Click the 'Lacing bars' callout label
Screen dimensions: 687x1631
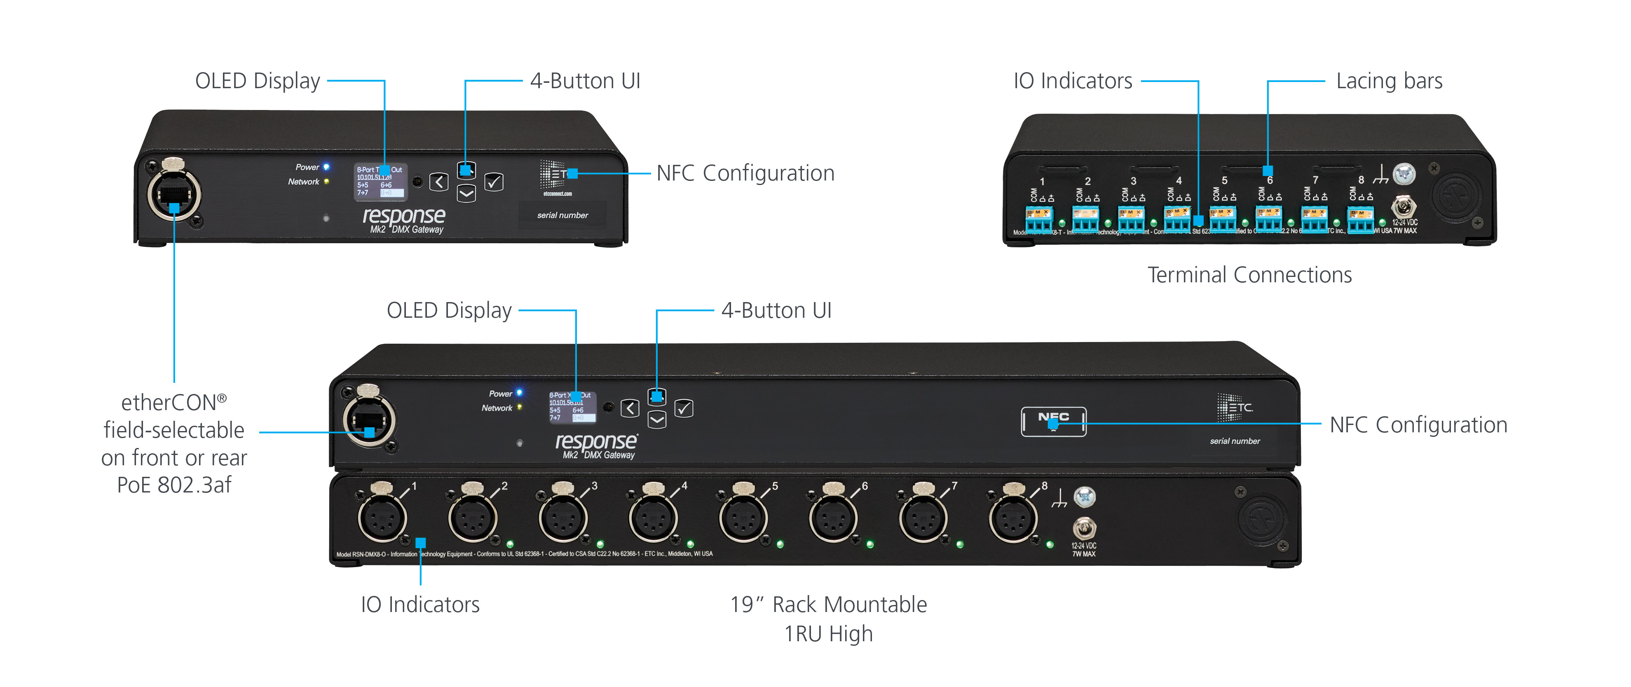(x=1389, y=81)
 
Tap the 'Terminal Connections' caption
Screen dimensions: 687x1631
(x=1249, y=275)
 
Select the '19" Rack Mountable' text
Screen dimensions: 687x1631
(x=828, y=605)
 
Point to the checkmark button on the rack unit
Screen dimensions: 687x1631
(x=684, y=408)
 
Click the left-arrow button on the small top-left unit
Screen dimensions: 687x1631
(x=439, y=182)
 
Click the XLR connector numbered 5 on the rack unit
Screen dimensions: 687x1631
(x=743, y=518)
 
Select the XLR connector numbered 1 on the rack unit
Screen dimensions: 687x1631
(x=382, y=518)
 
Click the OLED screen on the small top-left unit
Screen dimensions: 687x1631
(x=380, y=182)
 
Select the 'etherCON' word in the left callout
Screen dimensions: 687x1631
(x=169, y=403)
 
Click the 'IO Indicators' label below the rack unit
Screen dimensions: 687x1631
(x=420, y=605)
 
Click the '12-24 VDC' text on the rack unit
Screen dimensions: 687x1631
(x=1084, y=545)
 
